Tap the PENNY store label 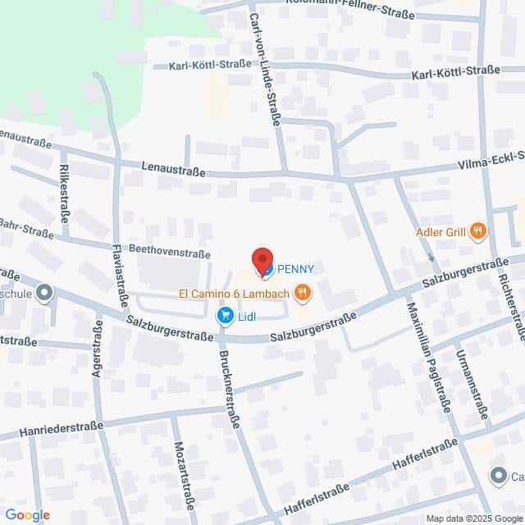(x=295, y=268)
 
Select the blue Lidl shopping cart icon (x=223, y=315)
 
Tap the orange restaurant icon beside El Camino (x=303, y=291)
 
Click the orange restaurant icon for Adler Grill (x=478, y=232)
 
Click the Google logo (x=27, y=514)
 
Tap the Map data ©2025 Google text (x=472, y=518)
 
